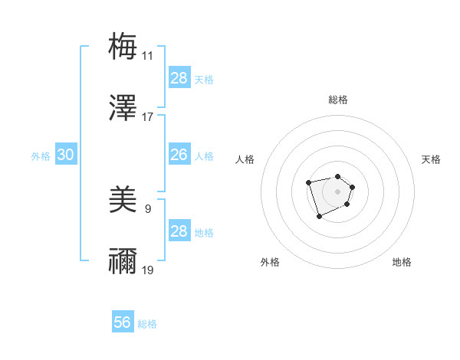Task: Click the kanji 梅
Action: coord(123,45)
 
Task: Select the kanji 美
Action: coord(123,200)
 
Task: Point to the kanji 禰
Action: coord(123,262)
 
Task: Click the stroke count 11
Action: coord(147,56)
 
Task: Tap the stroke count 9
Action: coord(147,208)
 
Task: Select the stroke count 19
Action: coord(147,270)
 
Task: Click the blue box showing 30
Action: coord(66,155)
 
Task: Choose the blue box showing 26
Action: coord(179,155)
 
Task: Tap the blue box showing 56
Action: coord(123,322)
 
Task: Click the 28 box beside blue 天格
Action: coord(179,78)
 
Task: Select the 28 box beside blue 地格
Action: coord(179,231)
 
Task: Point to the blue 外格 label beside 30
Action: coord(41,156)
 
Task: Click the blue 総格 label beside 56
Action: coord(147,324)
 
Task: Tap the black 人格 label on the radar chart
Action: coord(245,159)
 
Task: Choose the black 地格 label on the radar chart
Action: coord(402,262)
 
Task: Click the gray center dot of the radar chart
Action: coord(337,191)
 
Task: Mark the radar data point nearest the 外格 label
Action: coord(319,217)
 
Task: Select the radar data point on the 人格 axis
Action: coord(308,182)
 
